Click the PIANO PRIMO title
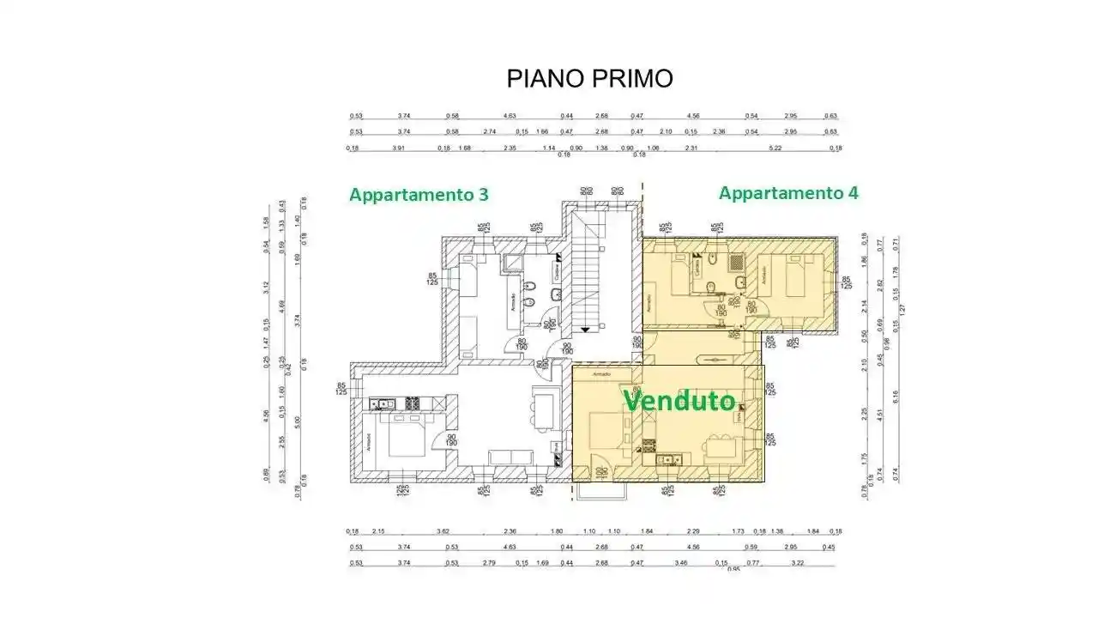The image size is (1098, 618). pos(589,79)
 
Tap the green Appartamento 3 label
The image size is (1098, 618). pos(419,195)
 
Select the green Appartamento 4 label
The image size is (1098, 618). pos(788,193)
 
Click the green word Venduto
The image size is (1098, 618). pos(679,401)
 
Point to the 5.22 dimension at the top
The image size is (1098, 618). pos(775,148)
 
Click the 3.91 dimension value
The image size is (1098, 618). pos(398,148)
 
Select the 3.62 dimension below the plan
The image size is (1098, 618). pos(443,532)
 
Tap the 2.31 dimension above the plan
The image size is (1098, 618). pos(691,148)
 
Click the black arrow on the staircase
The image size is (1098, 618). pos(586,328)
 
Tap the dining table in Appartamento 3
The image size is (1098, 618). pos(543,405)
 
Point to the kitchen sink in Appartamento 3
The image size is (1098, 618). pos(383,403)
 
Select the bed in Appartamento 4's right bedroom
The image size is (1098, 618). pos(787,279)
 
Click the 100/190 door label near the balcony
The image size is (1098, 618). pos(600,472)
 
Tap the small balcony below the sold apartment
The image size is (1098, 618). pos(603,490)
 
